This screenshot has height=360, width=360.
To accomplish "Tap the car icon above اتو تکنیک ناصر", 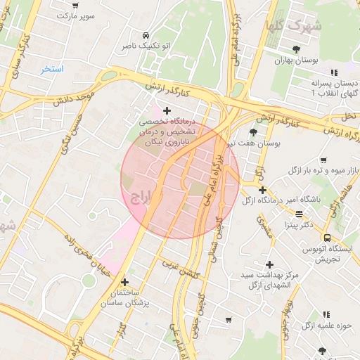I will coord(145,34).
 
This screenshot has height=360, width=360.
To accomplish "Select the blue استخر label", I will coord(52,69).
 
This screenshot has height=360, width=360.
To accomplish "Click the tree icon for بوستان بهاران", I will coord(295,49).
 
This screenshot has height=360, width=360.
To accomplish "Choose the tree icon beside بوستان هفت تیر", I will coord(253,131).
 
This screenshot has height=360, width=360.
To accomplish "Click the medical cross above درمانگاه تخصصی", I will coord(167,110).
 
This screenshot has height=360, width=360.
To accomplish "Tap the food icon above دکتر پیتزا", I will coord(300,214).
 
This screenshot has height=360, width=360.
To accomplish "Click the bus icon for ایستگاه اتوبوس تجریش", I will coord(328,238).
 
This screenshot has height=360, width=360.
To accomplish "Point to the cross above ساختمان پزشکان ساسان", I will coord(124,281).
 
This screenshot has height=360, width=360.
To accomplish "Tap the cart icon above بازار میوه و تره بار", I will coord(323,160).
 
